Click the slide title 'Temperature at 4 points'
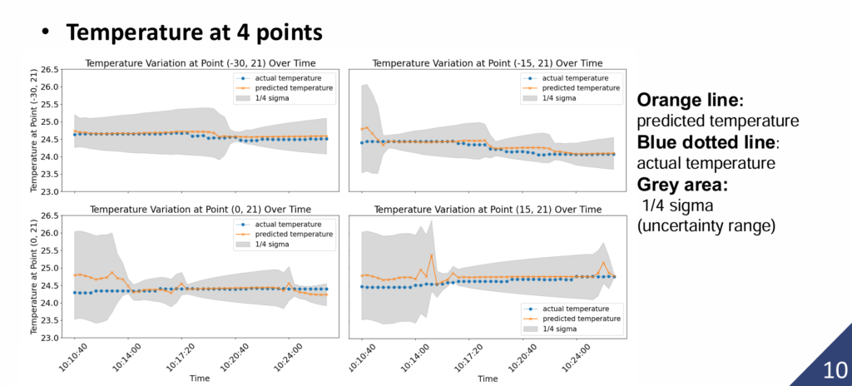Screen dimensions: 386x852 coord(194,32)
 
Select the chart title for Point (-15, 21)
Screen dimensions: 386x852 coord(488,63)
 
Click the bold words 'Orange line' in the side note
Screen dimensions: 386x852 coord(689,101)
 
